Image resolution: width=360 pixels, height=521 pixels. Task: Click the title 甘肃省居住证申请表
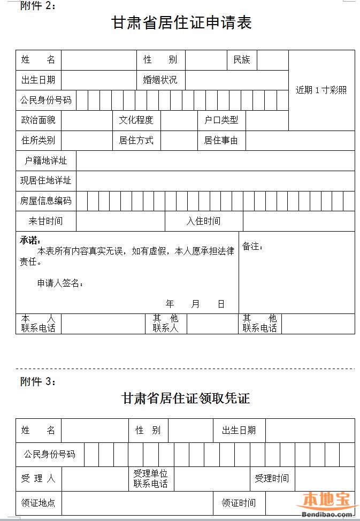[181, 23]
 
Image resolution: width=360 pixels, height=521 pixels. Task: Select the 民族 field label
[241, 60]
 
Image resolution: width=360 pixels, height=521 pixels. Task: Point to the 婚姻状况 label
[160, 80]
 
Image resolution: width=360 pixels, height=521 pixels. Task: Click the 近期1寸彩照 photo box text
[321, 90]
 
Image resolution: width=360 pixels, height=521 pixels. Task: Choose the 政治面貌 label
[38, 120]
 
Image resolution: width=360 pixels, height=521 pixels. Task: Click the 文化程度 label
[136, 120]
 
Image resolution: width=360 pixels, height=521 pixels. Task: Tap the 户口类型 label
[221, 120]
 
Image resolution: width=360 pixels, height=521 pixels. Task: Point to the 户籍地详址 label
[46, 161]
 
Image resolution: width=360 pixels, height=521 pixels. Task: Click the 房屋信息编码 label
[46, 201]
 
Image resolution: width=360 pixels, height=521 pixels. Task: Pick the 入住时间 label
[203, 221]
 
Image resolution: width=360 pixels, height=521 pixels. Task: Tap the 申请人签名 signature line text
[60, 284]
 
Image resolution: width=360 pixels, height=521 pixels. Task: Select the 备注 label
[252, 247]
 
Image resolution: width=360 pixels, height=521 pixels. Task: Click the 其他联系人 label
[165, 323]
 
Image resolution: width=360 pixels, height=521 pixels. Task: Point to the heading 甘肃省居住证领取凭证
[186, 399]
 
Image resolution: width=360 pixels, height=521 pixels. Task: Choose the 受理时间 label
[271, 478]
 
